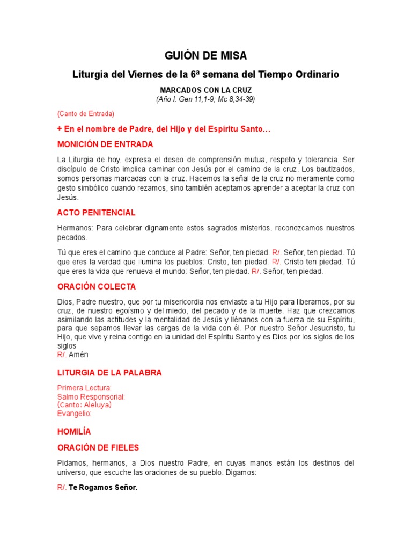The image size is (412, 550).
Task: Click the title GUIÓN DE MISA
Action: (x=205, y=56)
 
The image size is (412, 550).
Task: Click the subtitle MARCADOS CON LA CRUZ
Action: (x=205, y=90)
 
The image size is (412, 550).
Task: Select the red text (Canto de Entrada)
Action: (x=86, y=114)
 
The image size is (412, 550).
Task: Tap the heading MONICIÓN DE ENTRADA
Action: (x=105, y=144)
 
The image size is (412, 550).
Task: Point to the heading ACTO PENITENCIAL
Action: (x=97, y=213)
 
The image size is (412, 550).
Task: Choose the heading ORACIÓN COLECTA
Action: (x=97, y=286)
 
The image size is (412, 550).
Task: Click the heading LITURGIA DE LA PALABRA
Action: (x=109, y=373)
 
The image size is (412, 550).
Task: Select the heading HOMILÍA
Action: (x=74, y=431)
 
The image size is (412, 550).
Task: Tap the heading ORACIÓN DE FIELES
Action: (x=98, y=447)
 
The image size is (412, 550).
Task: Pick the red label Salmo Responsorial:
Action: (x=91, y=397)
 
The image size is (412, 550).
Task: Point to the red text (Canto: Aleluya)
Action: (x=85, y=405)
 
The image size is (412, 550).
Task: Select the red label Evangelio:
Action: (x=75, y=414)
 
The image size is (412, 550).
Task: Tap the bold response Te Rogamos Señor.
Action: (x=103, y=489)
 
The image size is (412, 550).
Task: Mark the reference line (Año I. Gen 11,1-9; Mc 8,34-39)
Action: (x=205, y=99)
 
